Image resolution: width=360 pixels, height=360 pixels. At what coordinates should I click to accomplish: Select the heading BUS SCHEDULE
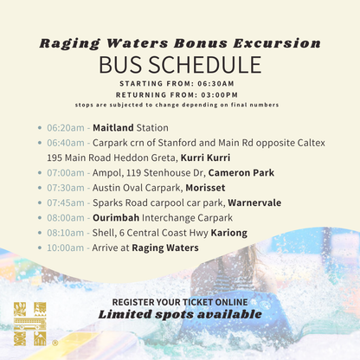pyautogui.click(x=180, y=65)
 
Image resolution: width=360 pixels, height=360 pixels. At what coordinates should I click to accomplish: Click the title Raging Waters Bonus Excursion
pyautogui.click(x=180, y=42)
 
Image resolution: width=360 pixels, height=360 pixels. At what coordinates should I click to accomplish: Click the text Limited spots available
pyautogui.click(x=180, y=314)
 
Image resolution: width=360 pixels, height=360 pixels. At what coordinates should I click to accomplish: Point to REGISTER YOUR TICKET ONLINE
pyautogui.click(x=180, y=301)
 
